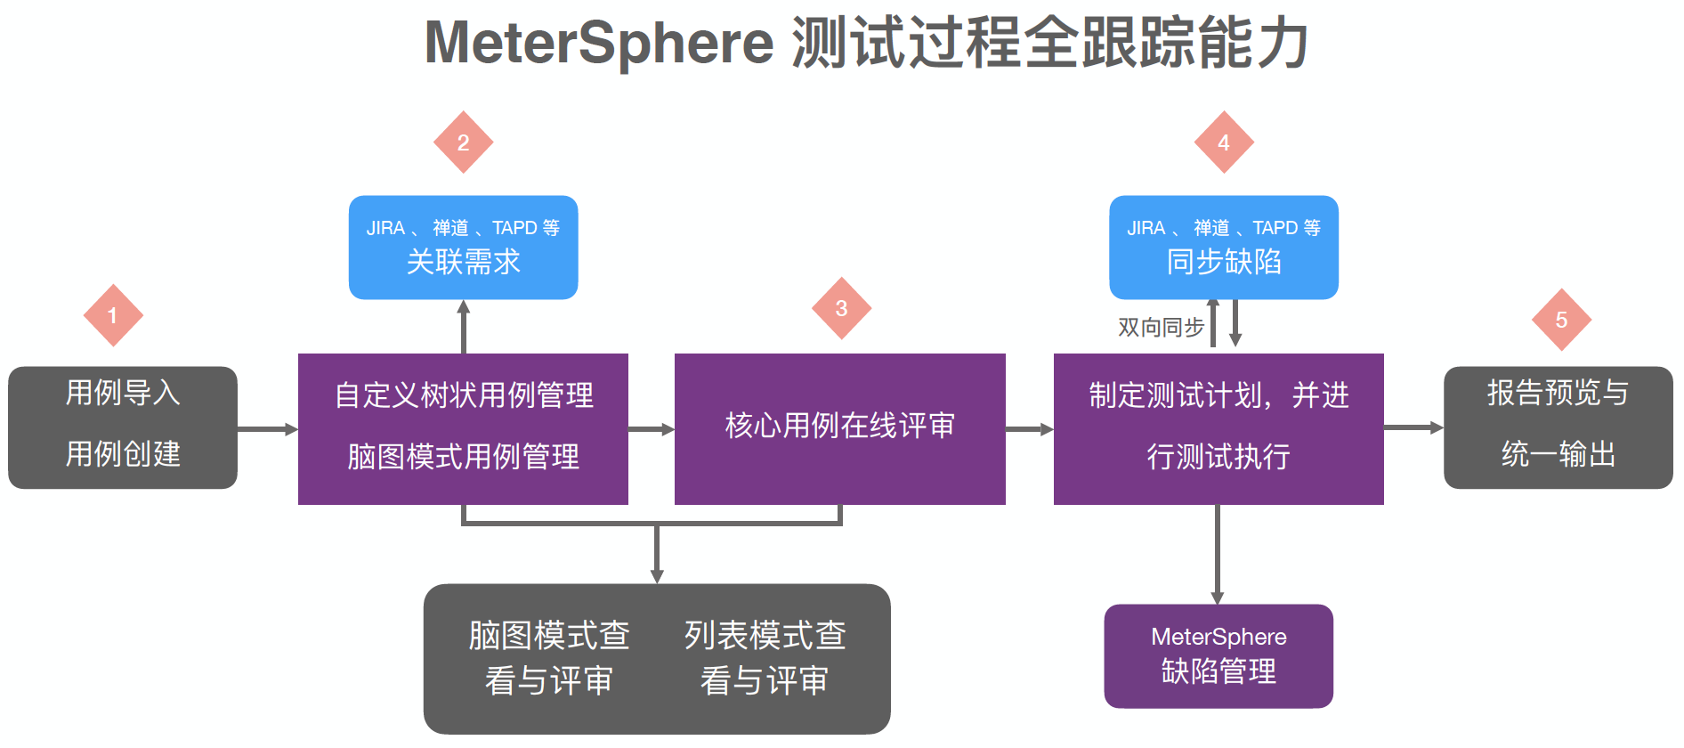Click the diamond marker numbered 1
(113, 315)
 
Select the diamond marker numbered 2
(463, 142)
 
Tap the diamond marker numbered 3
(841, 308)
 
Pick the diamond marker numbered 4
(1224, 142)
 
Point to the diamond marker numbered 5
(1561, 320)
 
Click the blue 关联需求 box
(463, 248)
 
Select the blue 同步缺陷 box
(1224, 248)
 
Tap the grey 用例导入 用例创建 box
(123, 427)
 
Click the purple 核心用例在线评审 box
(839, 428)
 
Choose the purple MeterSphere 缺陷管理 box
(1218, 655)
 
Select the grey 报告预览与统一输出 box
(1558, 427)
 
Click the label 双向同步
(1161, 328)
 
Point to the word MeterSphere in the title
(599, 43)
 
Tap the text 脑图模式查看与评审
(549, 658)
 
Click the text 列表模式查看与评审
(765, 658)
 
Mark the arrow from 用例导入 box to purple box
(267, 429)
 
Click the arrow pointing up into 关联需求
(463, 326)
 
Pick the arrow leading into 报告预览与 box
(1413, 427)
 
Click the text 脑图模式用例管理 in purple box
(463, 457)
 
